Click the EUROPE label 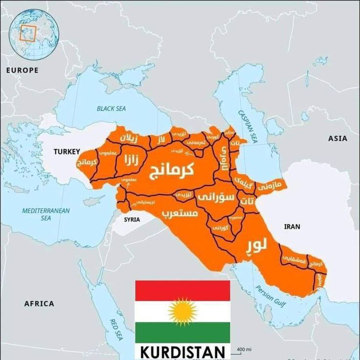(x=22, y=70)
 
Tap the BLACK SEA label (x=111, y=109)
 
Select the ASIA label (x=337, y=138)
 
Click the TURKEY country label (x=66, y=152)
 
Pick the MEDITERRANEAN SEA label (x=45, y=214)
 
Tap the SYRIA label (x=132, y=220)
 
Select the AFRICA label (x=39, y=304)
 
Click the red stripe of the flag (x=182, y=291)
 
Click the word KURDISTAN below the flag (x=182, y=352)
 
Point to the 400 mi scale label (x=244, y=349)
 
